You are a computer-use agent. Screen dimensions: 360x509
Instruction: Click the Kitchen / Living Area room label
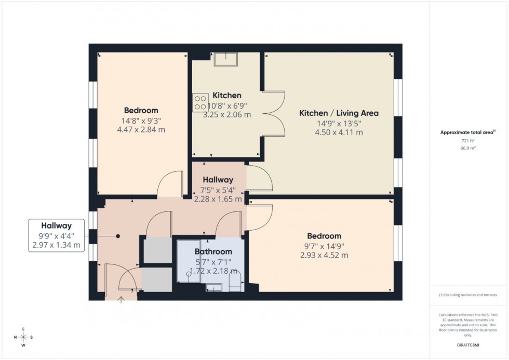coord(339,113)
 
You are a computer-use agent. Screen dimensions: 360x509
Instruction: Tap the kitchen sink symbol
coord(226,59)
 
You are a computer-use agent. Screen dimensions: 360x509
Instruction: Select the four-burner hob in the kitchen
coord(199,102)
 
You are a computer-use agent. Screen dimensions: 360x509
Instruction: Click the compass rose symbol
coord(23,337)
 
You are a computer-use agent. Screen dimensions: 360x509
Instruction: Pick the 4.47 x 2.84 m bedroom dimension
coord(141,129)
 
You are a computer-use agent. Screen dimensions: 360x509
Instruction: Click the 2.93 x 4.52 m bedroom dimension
coord(324,255)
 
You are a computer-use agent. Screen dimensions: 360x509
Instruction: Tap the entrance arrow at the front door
coord(122,299)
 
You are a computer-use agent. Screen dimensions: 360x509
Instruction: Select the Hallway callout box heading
coord(56,226)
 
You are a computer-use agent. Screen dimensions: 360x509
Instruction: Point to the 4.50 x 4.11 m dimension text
coord(339,132)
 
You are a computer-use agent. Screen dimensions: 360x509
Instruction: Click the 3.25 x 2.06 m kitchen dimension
coord(227,114)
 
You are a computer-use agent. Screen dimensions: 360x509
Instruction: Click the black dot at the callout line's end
coord(118,236)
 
